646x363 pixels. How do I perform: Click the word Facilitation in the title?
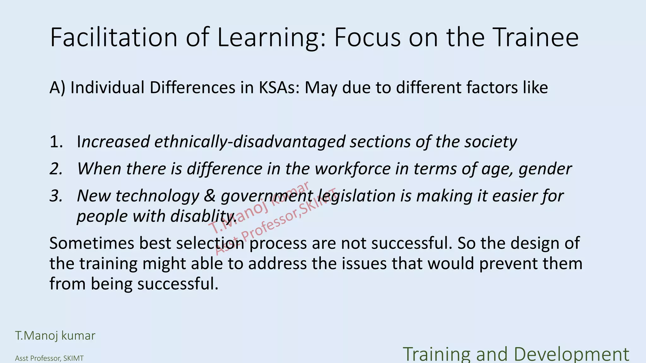tap(114, 37)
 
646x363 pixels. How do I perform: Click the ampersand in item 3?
tap(210, 196)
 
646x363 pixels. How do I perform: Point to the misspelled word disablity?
tap(203, 216)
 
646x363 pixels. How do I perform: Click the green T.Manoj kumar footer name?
tap(55, 336)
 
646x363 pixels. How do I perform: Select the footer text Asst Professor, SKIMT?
tap(49, 358)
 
